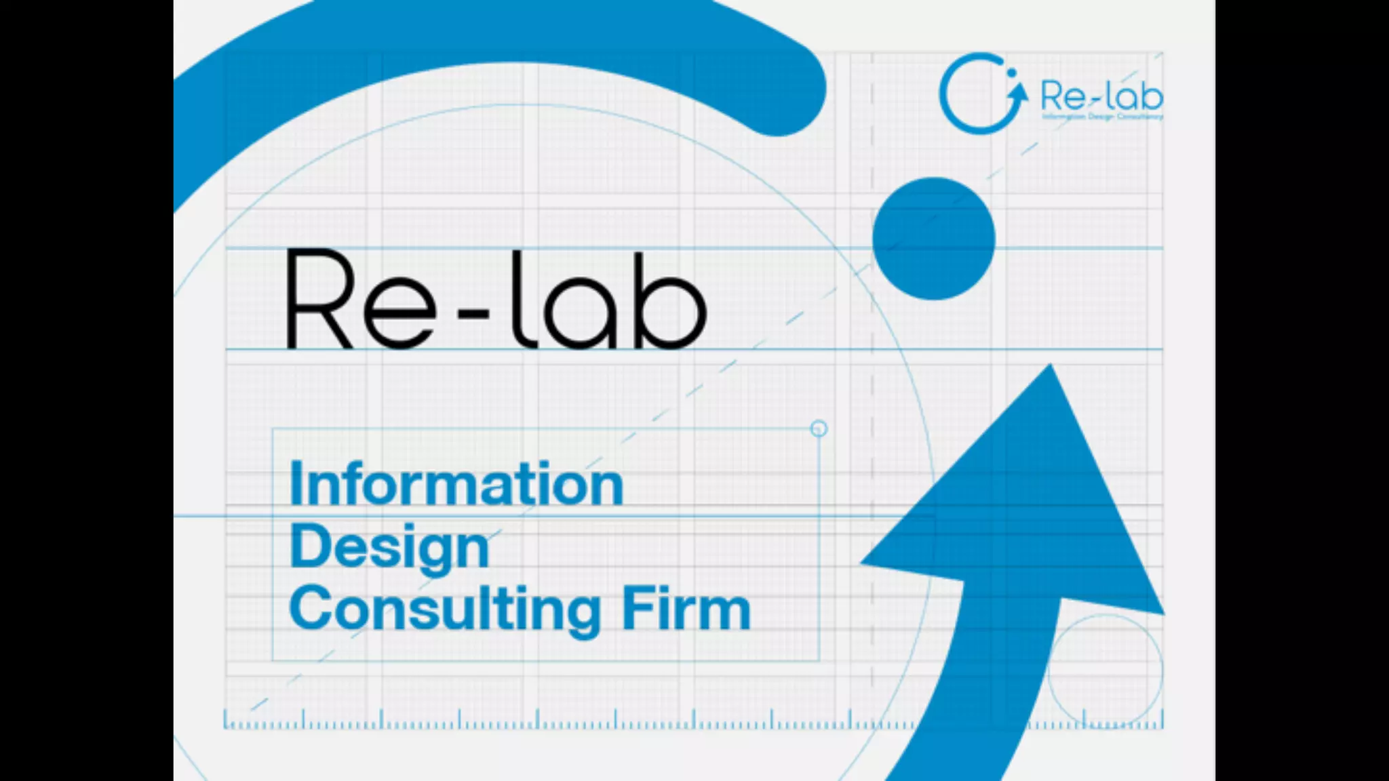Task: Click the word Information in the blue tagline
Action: pos(456,484)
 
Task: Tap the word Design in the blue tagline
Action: pos(389,548)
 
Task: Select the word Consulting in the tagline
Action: pos(445,610)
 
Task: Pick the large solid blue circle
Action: pos(933,239)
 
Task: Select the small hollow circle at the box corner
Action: pos(819,428)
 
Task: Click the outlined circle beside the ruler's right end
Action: pos(1106,671)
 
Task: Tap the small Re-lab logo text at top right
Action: pos(1101,96)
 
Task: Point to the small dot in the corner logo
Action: pos(1012,72)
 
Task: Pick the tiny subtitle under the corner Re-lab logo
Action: pos(1102,117)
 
